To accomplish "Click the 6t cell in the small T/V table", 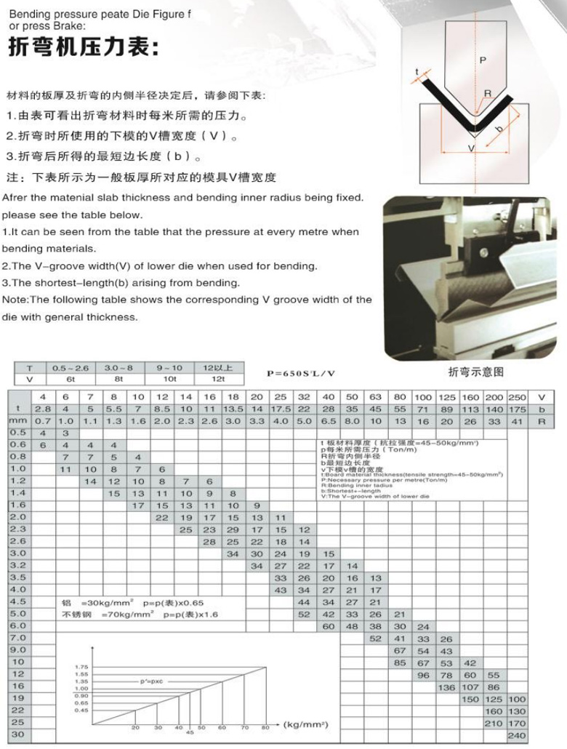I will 71,379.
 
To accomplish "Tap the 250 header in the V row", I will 518,397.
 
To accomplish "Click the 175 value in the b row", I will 518,409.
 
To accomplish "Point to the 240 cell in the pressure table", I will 518,735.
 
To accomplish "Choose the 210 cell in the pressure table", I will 494,724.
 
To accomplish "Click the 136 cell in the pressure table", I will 447,686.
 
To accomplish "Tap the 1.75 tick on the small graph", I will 81,666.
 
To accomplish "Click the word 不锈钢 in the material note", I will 73,615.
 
